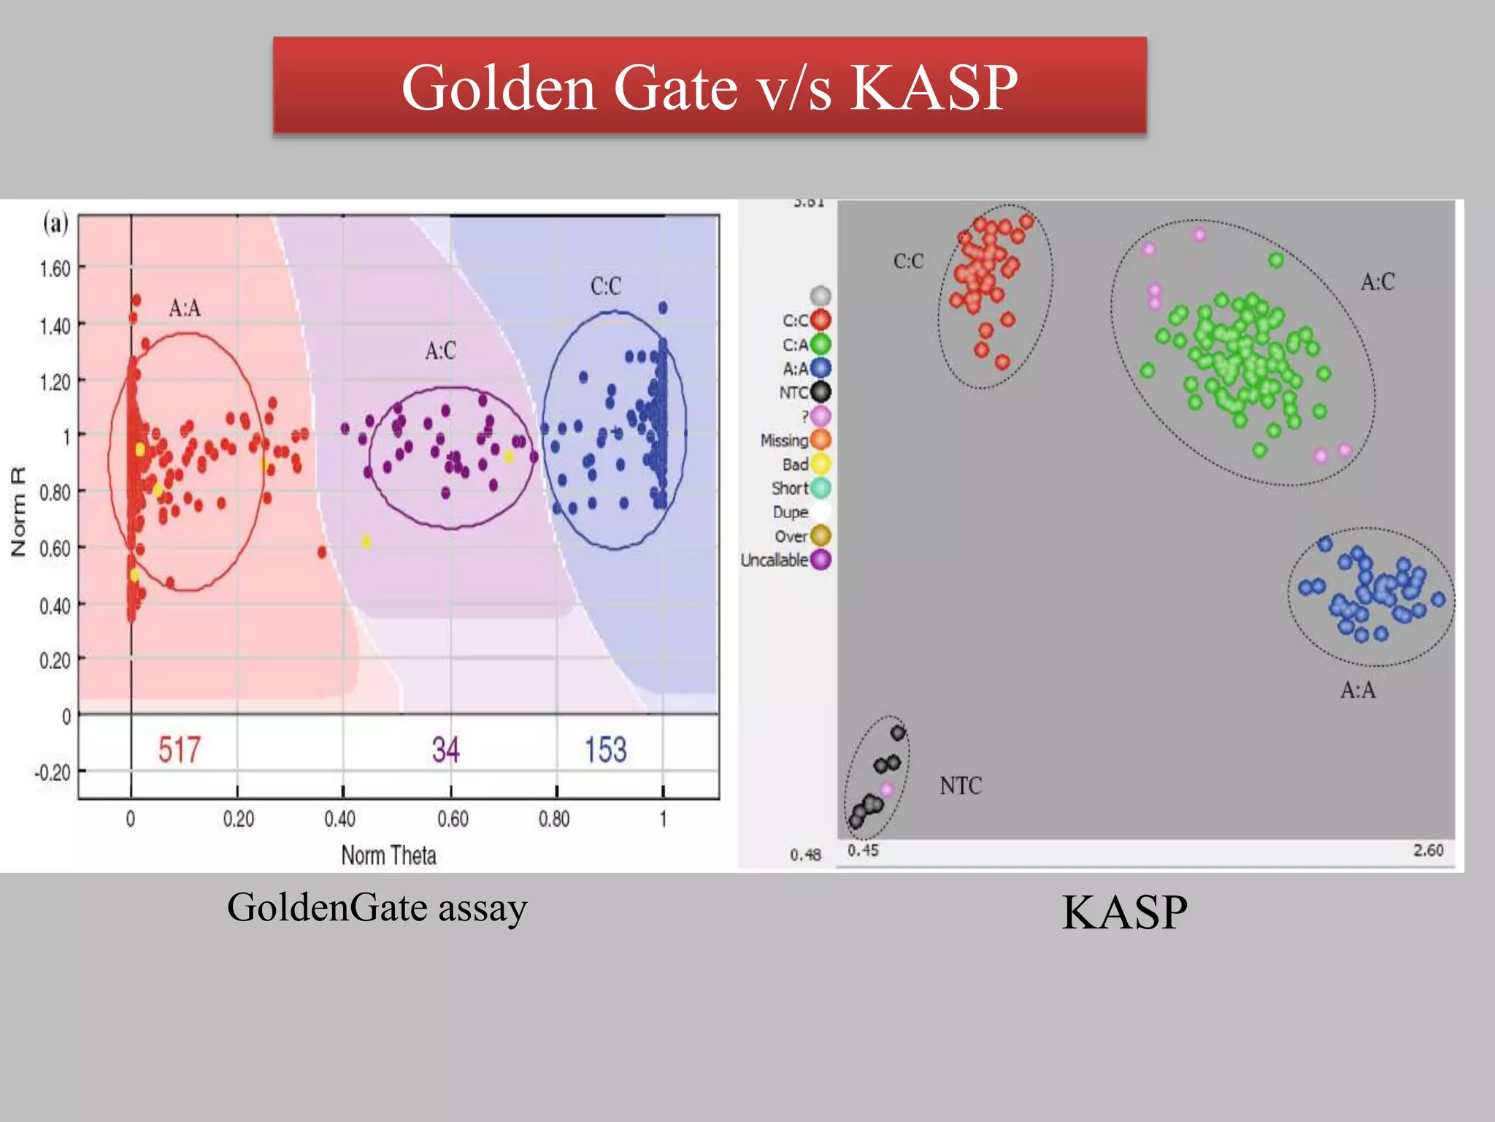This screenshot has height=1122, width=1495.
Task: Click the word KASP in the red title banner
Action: click(934, 88)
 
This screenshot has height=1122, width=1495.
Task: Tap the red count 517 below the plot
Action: click(179, 749)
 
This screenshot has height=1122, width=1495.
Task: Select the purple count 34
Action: click(445, 749)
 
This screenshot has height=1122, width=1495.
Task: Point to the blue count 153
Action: click(605, 749)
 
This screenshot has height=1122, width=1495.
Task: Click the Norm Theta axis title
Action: click(388, 855)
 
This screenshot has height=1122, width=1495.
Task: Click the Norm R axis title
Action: click(18, 511)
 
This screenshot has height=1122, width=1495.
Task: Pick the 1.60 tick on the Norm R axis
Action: click(55, 269)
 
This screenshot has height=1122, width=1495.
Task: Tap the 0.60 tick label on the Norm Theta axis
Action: click(453, 819)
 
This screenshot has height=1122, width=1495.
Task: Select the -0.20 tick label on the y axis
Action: click(53, 772)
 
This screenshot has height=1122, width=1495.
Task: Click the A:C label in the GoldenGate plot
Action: click(440, 351)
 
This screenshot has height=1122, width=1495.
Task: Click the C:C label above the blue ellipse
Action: click(606, 286)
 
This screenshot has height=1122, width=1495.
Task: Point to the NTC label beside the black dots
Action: click(961, 786)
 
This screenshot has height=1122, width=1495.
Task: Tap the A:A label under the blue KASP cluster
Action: click(1358, 690)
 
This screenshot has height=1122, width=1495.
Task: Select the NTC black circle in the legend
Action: click(821, 392)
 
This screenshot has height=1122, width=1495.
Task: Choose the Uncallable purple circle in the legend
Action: click(821, 560)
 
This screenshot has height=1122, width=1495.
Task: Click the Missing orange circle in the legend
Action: click(821, 440)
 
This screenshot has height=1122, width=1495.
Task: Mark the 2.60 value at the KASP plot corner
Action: click(1428, 850)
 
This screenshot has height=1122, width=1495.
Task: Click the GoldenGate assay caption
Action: click(377, 908)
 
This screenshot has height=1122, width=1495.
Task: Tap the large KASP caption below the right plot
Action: click(1124, 912)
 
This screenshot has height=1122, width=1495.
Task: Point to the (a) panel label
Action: click(55, 223)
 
